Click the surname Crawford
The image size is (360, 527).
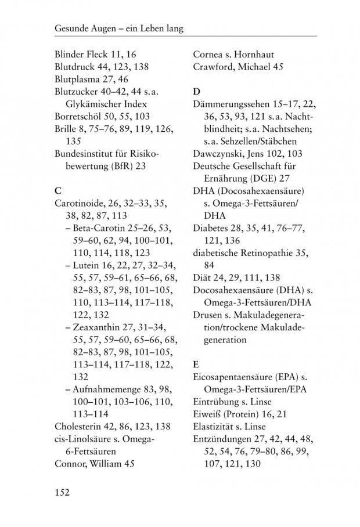click(214, 67)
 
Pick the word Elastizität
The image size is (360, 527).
click(215, 427)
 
